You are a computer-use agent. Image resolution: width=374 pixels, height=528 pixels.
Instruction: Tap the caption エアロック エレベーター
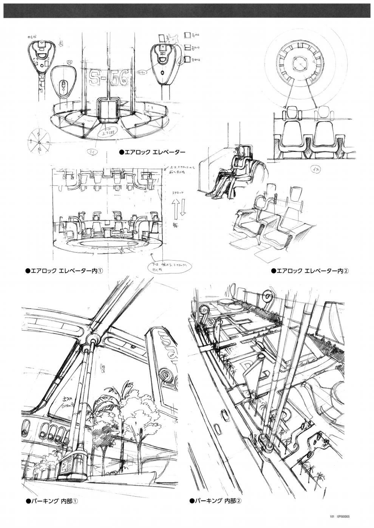152,153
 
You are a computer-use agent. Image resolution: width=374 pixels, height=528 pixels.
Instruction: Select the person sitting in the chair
230,172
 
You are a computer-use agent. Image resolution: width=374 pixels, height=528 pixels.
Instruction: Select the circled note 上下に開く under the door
106,132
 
